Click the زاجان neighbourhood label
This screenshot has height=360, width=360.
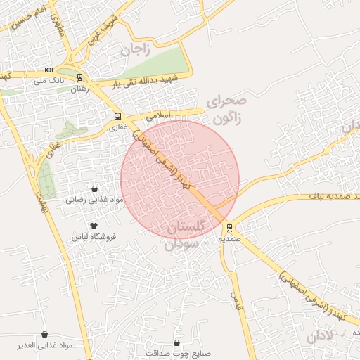tap(135, 49)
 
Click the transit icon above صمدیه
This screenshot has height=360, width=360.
tap(230, 228)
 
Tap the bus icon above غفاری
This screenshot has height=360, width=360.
tap(117, 117)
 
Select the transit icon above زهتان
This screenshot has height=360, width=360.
tap(79, 77)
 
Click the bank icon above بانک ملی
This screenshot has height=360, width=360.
tap(49, 70)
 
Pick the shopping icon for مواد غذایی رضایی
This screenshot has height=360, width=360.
tap(94, 188)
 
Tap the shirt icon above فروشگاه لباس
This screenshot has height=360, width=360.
tap(94, 226)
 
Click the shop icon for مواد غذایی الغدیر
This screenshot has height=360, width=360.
tap(46, 334)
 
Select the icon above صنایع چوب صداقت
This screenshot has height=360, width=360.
tap(176, 342)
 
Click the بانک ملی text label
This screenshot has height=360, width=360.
tap(49, 81)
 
